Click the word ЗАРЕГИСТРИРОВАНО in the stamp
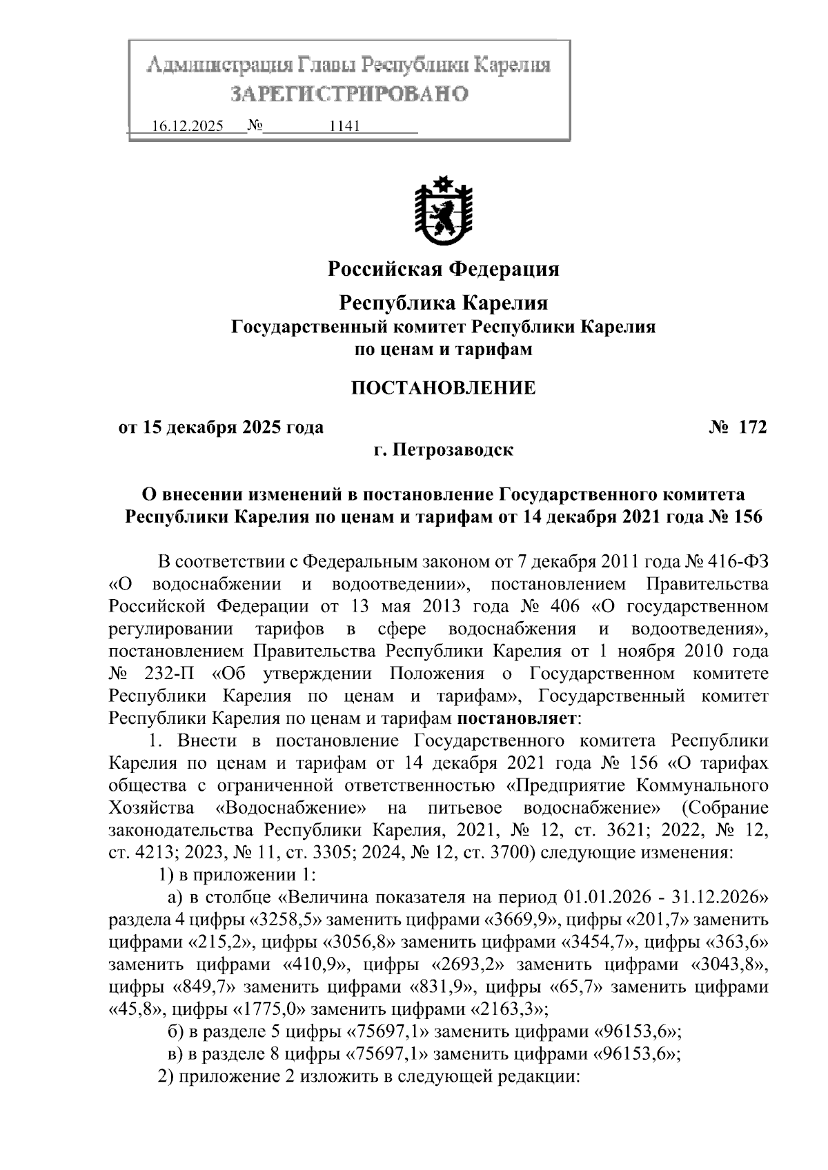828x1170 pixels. point(348,94)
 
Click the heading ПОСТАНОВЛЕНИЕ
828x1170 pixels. point(443,388)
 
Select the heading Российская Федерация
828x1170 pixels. point(443,269)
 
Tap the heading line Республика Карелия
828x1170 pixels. point(443,303)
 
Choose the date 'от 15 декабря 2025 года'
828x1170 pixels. point(221,427)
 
